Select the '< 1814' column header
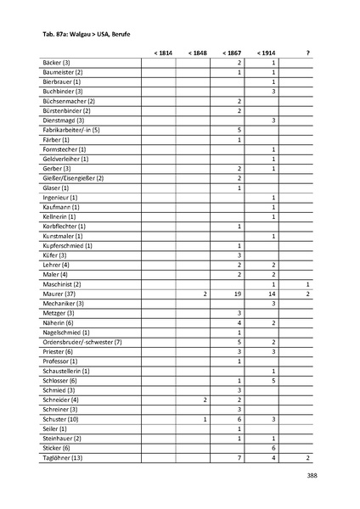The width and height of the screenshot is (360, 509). [x=163, y=53]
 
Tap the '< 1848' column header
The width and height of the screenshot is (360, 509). [x=198, y=53]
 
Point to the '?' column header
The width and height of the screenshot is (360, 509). [x=307, y=53]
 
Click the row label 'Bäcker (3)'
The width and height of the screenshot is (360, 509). [x=57, y=64]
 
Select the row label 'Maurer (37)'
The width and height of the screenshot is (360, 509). [x=59, y=294]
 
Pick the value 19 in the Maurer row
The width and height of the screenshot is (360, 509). [x=239, y=294]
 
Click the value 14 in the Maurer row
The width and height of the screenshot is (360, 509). [x=273, y=294]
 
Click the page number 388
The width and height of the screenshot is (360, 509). [x=312, y=476]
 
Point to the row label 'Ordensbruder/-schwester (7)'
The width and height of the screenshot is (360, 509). [x=82, y=342]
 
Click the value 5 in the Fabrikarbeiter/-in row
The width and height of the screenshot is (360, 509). [x=240, y=130]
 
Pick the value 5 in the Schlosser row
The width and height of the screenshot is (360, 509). [x=274, y=381]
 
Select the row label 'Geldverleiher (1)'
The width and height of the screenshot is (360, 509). [x=65, y=159]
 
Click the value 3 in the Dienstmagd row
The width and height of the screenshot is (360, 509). [x=274, y=120]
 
